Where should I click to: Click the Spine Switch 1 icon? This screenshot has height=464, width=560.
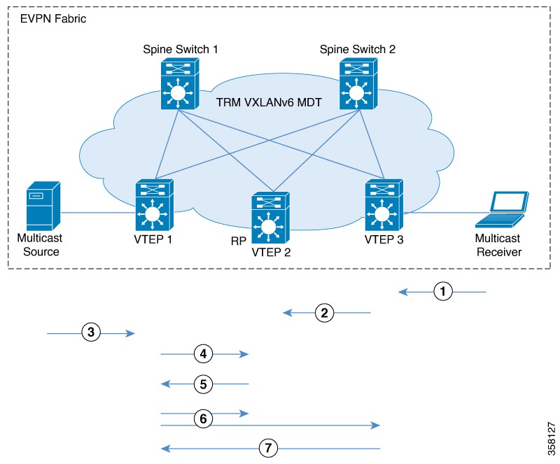pos(180,84)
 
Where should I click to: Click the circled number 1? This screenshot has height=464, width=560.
pos(442,291)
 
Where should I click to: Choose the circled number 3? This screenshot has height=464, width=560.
pos(90,333)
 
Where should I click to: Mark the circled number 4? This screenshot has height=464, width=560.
pos(203,354)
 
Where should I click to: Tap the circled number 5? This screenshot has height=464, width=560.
pos(203,384)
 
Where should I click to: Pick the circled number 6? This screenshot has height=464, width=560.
pos(203,419)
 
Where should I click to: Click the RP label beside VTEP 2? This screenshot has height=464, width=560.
pos(237,240)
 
